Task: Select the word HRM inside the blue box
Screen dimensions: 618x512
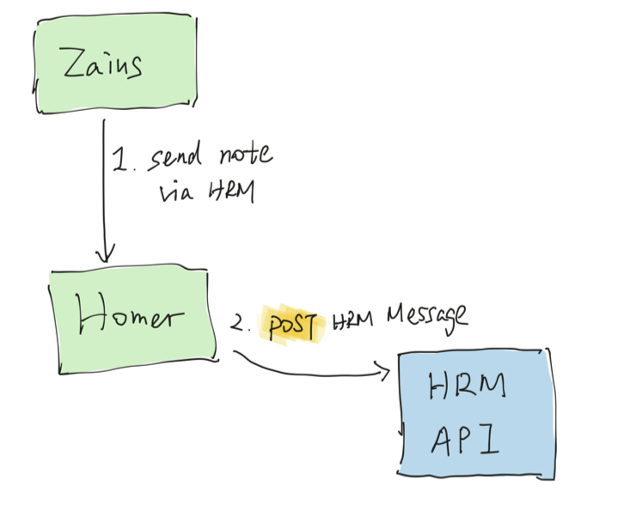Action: pos(466,389)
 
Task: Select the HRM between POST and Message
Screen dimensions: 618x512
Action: pos(353,320)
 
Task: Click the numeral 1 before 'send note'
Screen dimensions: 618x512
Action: pos(119,160)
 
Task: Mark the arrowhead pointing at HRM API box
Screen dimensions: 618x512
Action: pos(385,372)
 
